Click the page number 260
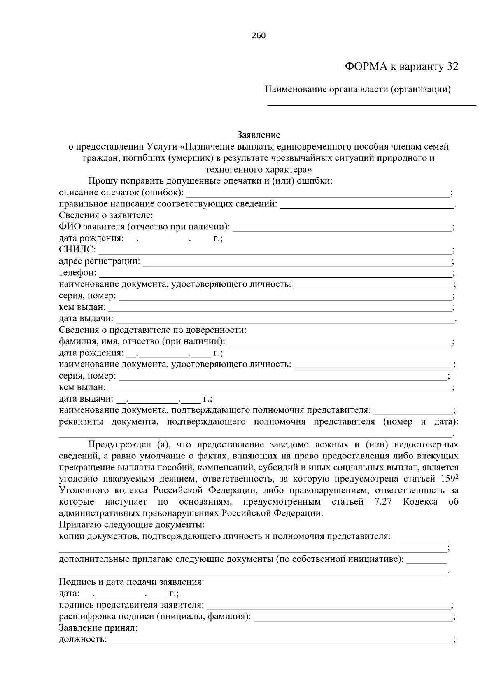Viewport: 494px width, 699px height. click(258, 35)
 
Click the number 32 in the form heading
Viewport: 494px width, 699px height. click(452, 67)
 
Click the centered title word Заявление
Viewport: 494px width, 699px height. click(259, 135)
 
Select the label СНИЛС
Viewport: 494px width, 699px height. click(77, 250)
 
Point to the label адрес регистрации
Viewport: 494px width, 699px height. click(99, 261)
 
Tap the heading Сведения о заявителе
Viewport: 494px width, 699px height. click(106, 215)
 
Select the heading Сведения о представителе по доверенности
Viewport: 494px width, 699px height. click(152, 330)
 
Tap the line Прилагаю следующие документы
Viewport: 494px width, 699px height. click(132, 525)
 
